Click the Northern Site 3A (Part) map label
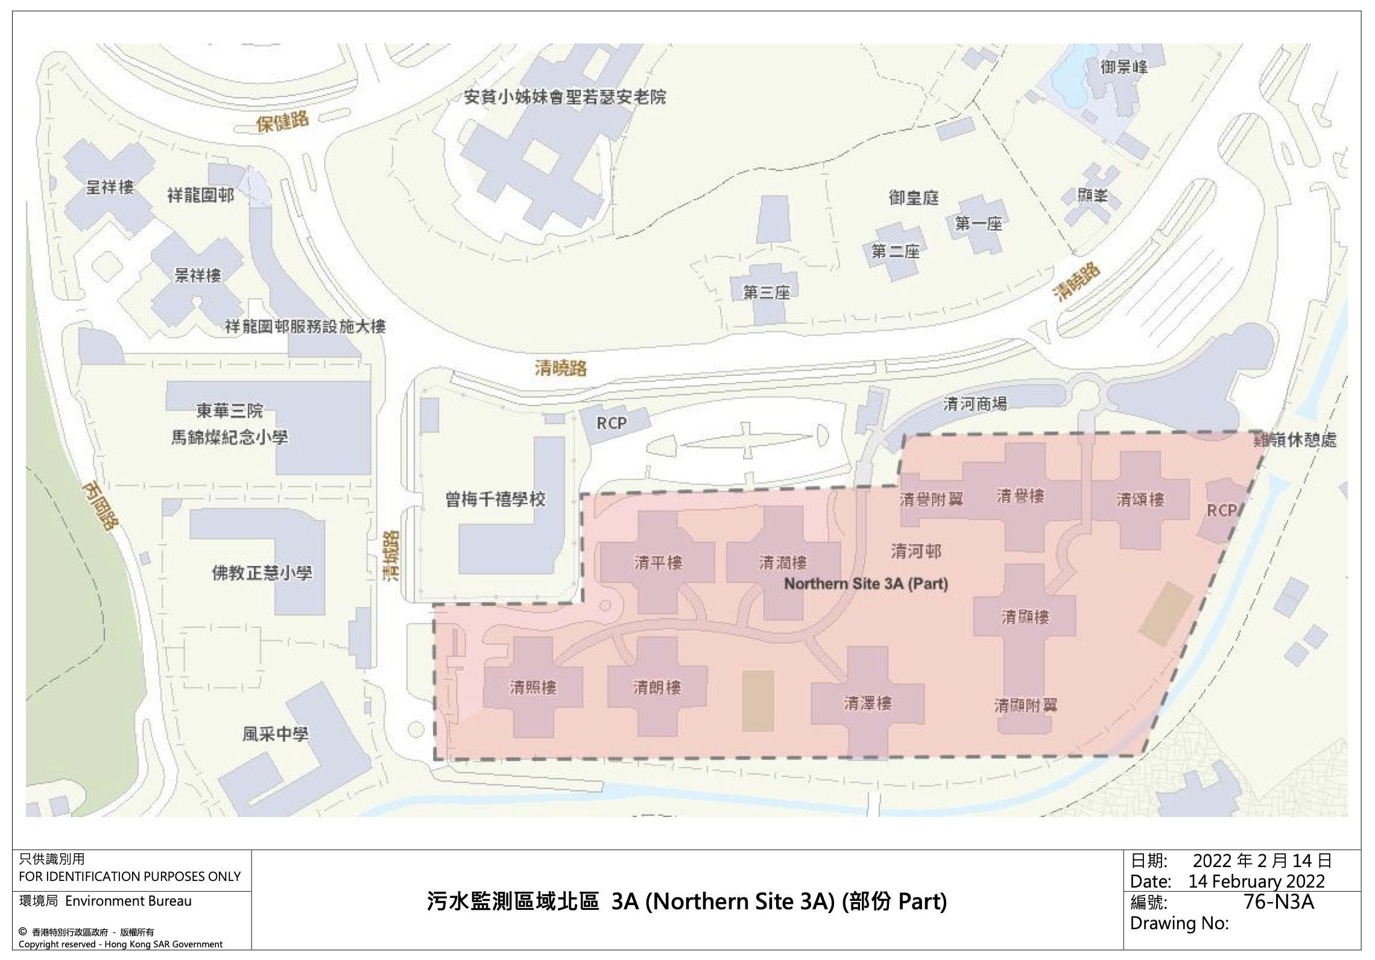pyautogui.click(x=865, y=584)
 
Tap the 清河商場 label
pyautogui.click(x=975, y=404)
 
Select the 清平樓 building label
pyautogui.click(x=658, y=563)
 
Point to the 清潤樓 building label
pyautogui.click(x=783, y=563)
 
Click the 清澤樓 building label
pyautogui.click(x=867, y=703)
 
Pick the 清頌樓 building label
pyautogui.click(x=1140, y=500)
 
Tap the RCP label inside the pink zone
pyautogui.click(x=1221, y=511)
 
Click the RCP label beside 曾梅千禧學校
pyautogui.click(x=612, y=424)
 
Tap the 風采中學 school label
pyautogui.click(x=275, y=734)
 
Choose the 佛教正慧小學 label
pyautogui.click(x=262, y=572)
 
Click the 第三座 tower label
pyautogui.click(x=766, y=293)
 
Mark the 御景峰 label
pyautogui.click(x=1124, y=67)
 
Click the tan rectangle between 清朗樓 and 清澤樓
pyautogui.click(x=758, y=701)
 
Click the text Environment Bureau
pyautogui.click(x=128, y=901)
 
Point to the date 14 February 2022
pyautogui.click(x=1256, y=882)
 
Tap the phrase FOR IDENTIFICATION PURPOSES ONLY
pyautogui.click(x=130, y=876)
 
